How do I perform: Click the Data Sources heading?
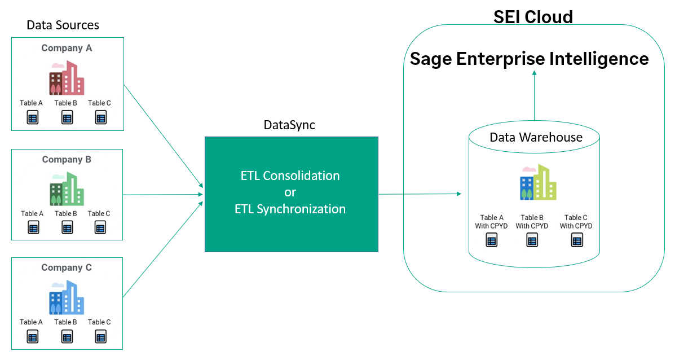[63, 25]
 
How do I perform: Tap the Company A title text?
[67, 49]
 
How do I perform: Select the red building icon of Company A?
[66, 78]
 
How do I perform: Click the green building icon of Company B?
[66, 188]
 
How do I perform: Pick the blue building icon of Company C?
[66, 297]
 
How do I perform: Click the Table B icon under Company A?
[67, 118]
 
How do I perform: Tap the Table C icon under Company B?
[100, 228]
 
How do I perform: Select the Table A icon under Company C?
[32, 337]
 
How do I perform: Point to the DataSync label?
[289, 125]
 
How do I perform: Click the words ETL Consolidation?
[290, 175]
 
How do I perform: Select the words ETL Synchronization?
[290, 209]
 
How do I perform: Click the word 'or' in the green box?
[290, 192]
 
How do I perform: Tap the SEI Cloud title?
[533, 17]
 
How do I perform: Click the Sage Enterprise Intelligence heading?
[529, 59]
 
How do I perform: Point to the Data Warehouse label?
[536, 138]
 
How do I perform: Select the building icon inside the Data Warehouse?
[537, 182]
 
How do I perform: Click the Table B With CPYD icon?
[532, 240]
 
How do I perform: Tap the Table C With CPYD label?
[576, 221]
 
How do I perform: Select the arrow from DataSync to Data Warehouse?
[420, 194]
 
